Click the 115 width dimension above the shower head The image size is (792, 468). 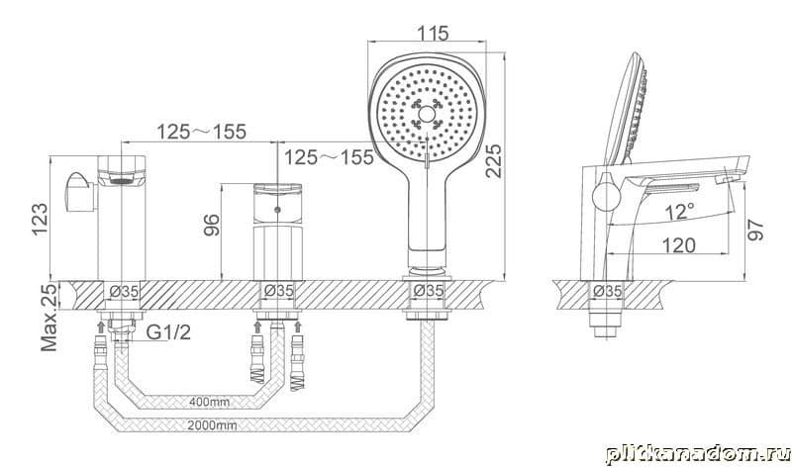click(x=433, y=34)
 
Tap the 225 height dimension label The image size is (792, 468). click(x=493, y=161)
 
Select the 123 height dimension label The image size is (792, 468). click(x=40, y=219)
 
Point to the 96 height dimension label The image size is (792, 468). click(x=212, y=226)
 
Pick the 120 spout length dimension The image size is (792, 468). click(x=678, y=245)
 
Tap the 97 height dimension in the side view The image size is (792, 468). click(x=755, y=230)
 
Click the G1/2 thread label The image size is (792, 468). click(x=168, y=332)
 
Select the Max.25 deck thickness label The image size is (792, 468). click(x=49, y=317)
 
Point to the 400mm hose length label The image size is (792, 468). click(x=209, y=402)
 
